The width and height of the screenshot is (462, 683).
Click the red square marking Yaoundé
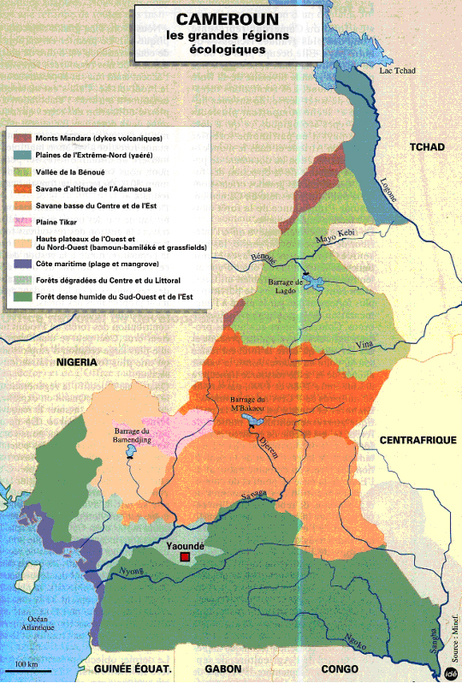tap(184, 558)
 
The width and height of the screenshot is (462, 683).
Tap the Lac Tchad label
tap(396, 70)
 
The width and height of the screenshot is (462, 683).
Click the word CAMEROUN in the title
tap(220, 19)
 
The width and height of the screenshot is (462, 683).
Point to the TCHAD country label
tap(427, 147)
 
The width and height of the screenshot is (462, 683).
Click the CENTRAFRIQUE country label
tap(413, 439)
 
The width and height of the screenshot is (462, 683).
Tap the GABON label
tap(224, 668)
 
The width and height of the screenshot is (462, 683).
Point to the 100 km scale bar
tap(33, 668)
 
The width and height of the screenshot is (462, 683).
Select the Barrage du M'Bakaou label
tap(248, 407)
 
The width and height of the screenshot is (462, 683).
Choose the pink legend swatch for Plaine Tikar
tap(22, 222)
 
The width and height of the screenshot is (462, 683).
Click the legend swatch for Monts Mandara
tap(22, 139)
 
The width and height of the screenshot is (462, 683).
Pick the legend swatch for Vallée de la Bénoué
tap(22, 172)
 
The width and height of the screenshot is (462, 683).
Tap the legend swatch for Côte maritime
tap(22, 264)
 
